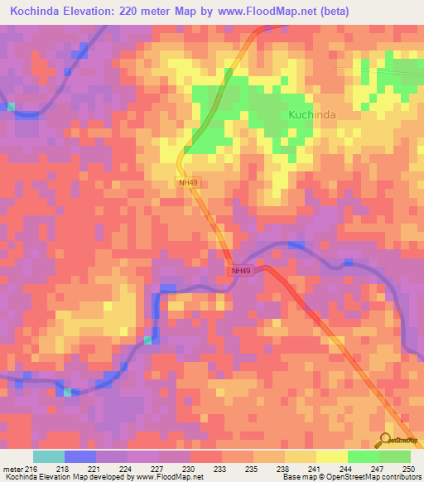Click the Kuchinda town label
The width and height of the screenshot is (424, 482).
(312, 114)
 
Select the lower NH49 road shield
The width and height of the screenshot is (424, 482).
(240, 270)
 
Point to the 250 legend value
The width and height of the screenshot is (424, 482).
(406, 470)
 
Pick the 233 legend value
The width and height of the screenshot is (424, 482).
(219, 470)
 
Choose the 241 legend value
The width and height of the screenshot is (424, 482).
(313, 470)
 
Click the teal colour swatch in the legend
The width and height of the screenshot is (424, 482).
(49, 456)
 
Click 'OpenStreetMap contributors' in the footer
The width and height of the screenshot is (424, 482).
(377, 477)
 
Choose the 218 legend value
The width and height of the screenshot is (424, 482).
(62, 470)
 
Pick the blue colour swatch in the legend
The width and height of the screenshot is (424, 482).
(80, 456)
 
